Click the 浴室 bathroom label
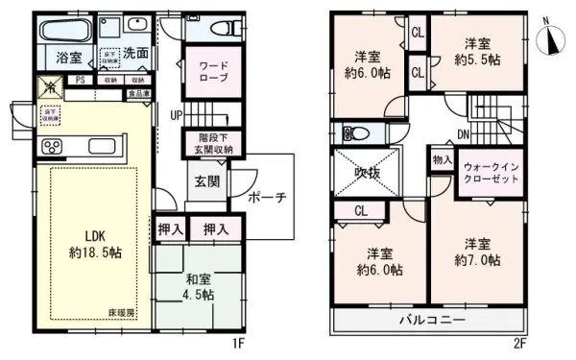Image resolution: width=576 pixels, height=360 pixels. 67,57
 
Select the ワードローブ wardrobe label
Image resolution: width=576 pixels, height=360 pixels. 212,73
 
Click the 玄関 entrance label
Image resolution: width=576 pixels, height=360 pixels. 207,180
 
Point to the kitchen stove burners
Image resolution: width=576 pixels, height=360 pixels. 52,147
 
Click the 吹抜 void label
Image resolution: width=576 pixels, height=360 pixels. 368,173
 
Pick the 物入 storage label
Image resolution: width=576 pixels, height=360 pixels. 441,159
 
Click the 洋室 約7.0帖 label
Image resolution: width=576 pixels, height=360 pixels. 477,252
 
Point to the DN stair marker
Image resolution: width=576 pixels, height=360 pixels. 463,133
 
